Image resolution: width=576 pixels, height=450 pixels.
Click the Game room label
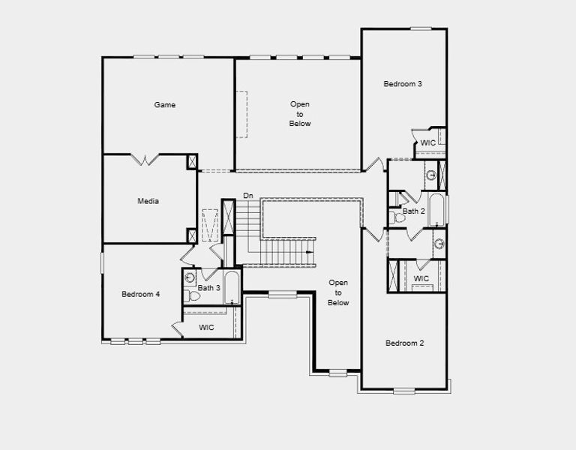click(x=165, y=105)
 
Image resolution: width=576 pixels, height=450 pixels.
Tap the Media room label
click(x=148, y=201)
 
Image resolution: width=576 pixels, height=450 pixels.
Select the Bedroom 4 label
click(x=141, y=295)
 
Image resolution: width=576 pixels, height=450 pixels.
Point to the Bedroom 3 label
click(x=403, y=84)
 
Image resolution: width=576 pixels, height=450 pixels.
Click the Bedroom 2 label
click(x=405, y=343)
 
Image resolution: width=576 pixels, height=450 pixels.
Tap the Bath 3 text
click(x=208, y=288)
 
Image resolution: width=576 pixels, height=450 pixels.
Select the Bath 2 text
click(x=413, y=211)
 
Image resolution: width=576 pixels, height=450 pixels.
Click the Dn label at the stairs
click(x=248, y=196)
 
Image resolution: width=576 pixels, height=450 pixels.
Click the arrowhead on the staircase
click(x=308, y=253)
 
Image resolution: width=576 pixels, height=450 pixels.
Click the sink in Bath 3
click(x=190, y=277)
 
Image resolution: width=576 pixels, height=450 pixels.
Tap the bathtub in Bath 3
click(x=231, y=288)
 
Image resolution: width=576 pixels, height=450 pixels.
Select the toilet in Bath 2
click(x=395, y=217)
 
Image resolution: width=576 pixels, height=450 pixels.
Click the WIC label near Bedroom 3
click(x=427, y=142)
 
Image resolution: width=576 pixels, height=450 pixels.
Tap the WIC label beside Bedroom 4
click(x=206, y=328)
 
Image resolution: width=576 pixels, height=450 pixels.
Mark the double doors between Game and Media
click(x=145, y=159)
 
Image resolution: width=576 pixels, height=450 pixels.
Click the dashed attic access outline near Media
click(x=210, y=223)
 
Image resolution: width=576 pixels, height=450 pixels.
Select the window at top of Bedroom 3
click(x=421, y=28)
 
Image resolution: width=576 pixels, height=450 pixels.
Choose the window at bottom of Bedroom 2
click(x=404, y=390)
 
